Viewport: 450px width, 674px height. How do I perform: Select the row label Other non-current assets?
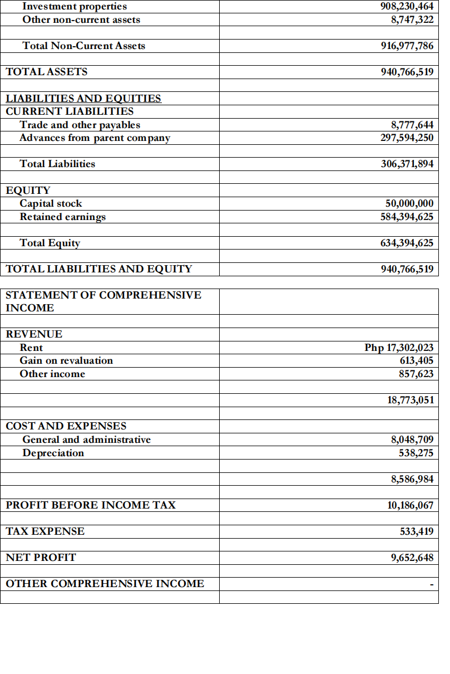[81, 20]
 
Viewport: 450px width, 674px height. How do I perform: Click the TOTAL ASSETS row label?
[46, 72]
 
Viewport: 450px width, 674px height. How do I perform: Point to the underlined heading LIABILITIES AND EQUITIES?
[83, 99]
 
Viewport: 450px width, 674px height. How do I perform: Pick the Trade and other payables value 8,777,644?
[412, 125]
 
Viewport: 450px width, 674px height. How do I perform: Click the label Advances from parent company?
[95, 138]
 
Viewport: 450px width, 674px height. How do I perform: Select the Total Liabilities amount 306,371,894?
[407, 164]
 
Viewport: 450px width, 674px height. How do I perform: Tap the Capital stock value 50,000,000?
[409, 204]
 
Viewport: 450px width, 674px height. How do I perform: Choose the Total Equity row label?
[50, 243]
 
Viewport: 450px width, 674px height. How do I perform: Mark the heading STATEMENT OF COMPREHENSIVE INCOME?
[103, 301]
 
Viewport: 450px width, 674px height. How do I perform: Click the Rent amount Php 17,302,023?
[399, 348]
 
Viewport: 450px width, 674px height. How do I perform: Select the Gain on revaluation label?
[66, 361]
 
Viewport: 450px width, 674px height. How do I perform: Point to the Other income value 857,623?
[416, 374]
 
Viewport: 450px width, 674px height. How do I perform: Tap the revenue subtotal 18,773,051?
[410, 400]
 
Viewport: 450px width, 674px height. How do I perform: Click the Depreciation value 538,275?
[416, 453]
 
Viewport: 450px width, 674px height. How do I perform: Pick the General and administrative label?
[86, 440]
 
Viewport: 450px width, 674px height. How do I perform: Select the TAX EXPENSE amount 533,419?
[416, 531]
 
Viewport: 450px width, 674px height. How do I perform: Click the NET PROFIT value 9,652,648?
[412, 558]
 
